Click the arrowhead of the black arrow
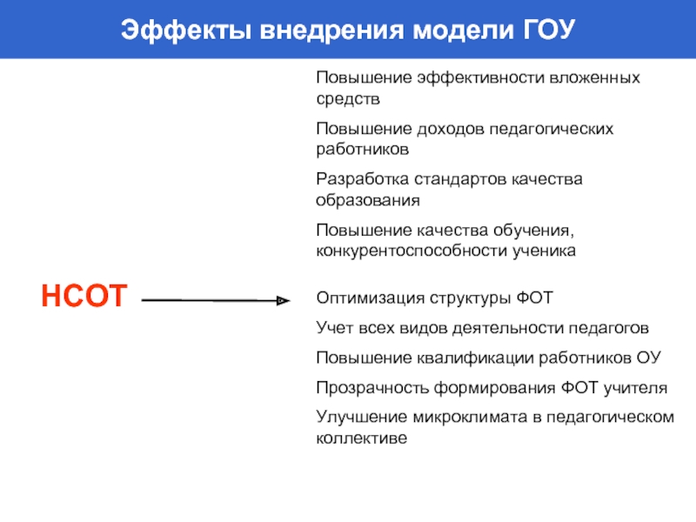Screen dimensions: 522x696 [x=283, y=301]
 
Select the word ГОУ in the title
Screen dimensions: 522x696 [x=545, y=30]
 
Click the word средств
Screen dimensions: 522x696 [x=348, y=99]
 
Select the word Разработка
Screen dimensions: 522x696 [x=358, y=179]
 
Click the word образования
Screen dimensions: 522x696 [x=367, y=200]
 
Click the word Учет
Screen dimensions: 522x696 [x=333, y=328]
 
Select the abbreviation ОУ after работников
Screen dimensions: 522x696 [x=650, y=358]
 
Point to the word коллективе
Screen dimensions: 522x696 [x=361, y=438]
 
